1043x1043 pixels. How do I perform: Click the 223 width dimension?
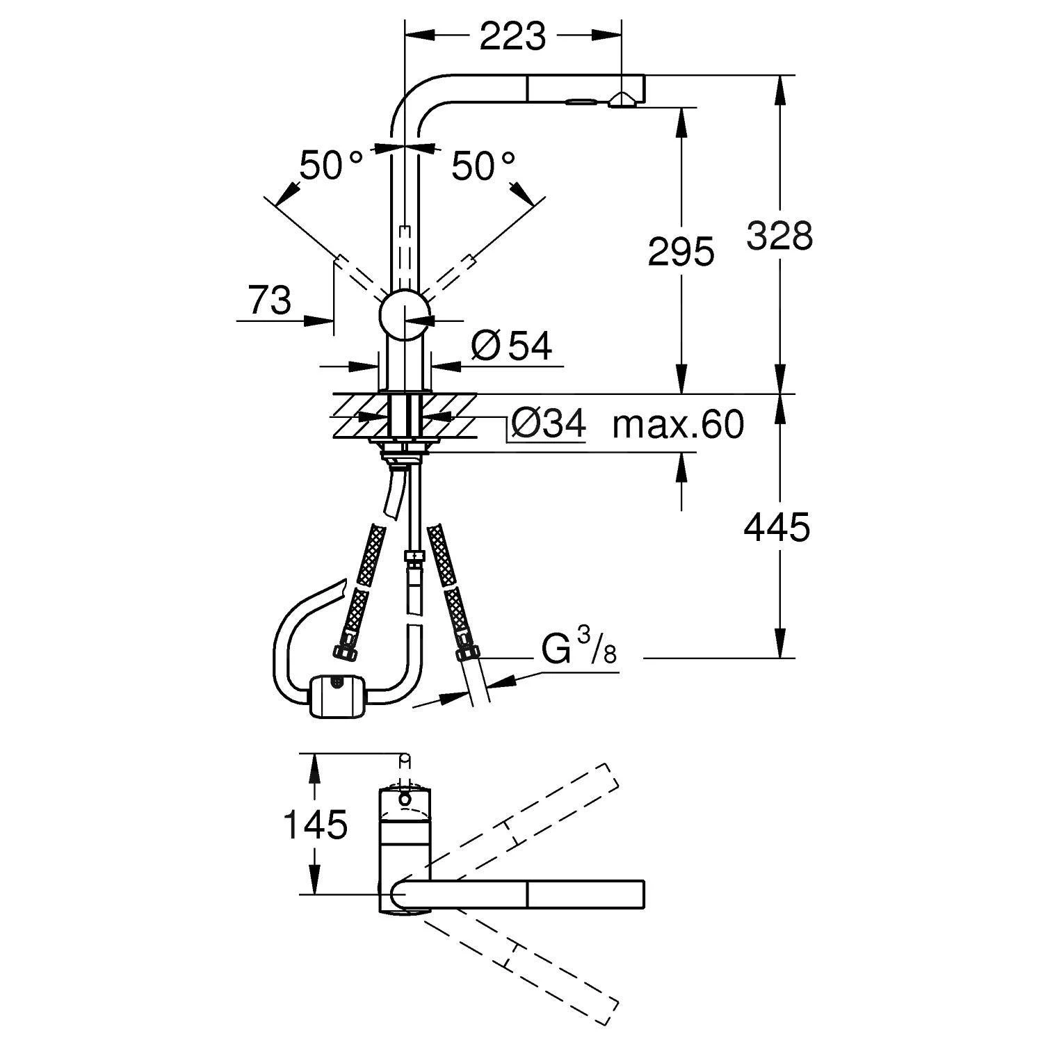512,35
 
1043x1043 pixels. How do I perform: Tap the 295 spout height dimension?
680,251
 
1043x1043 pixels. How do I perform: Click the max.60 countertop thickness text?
678,423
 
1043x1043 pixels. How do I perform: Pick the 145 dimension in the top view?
314,825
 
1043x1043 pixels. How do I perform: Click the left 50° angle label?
331,166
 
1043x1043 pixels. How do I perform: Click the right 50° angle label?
484,166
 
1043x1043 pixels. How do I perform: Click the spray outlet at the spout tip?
622,102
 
